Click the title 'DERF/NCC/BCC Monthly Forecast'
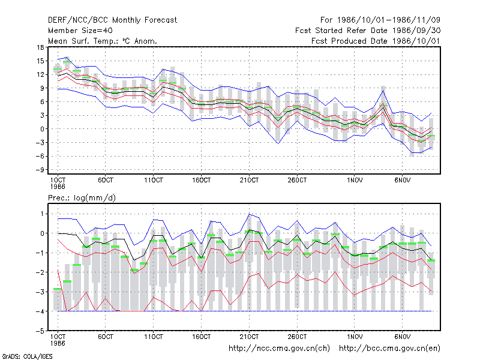112,20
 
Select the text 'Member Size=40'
80,31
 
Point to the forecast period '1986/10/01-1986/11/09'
388,20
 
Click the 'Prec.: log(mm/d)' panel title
82,198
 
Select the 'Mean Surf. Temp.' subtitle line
102,41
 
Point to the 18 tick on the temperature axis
41,47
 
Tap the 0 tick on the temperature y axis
42,129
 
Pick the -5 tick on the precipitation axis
40,331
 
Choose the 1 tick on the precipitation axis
42,214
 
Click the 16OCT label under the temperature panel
202,181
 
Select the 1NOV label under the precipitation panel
355,337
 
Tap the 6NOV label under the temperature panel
402,181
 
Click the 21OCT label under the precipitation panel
249,337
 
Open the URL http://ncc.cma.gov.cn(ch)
279,349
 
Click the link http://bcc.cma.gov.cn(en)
389,349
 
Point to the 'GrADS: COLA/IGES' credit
27,356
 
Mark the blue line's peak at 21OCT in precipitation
249,214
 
